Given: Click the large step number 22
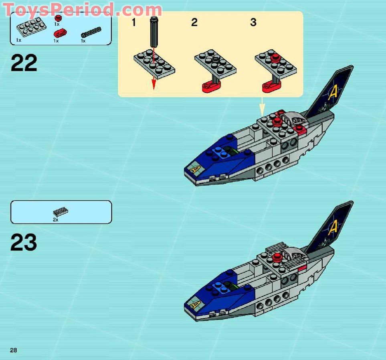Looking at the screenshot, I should pos(24,63).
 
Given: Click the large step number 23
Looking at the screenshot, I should pos(24,243).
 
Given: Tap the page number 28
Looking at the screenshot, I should pos(14,350).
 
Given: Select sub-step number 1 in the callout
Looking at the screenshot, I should pos(133,22).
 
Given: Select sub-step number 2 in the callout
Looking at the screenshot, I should pos(194,22).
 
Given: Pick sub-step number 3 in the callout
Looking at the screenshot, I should pos(253,22).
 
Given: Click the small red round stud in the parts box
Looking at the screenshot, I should pos(59,18).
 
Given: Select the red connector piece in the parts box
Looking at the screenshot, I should pos(60,33).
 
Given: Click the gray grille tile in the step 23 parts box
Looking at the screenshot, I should pos(61,212).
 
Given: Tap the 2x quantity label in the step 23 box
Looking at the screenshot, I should pos(55,220).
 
